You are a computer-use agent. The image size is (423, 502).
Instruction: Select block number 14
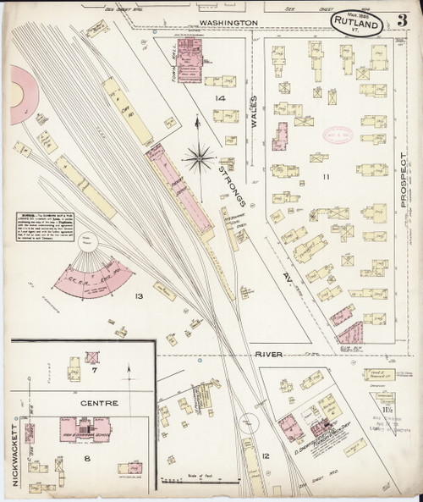[x=220, y=100]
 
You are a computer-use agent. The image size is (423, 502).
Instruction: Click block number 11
[x=324, y=178]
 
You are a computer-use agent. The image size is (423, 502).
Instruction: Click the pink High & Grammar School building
[x=83, y=425]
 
